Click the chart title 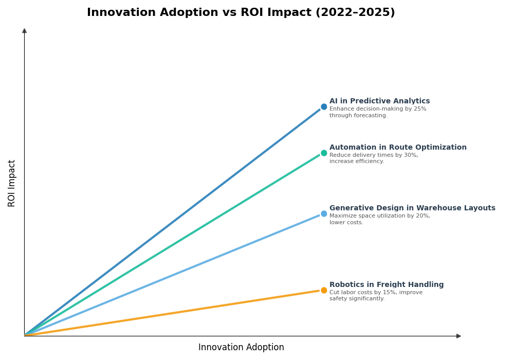[241, 13]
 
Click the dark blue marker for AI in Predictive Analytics [324, 107]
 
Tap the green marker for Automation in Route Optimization [324, 153]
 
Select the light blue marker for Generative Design [324, 214]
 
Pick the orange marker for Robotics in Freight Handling [324, 291]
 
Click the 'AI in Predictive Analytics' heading [379, 101]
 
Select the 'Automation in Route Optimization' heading [398, 148]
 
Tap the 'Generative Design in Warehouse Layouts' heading [412, 208]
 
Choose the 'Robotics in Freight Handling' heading [387, 285]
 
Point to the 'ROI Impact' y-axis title [12, 183]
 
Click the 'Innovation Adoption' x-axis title [241, 348]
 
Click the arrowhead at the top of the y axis [24, 31]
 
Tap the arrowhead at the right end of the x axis [458, 336]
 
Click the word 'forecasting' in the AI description [370, 116]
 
